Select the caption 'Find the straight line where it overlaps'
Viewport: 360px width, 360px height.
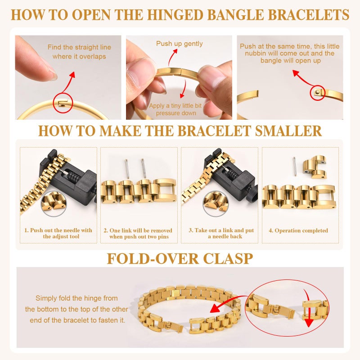pos(79,52)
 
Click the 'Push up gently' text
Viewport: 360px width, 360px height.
pos(180,44)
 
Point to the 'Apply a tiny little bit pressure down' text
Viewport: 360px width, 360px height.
pos(176,109)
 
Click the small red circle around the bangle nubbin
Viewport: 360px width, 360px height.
pos(319,92)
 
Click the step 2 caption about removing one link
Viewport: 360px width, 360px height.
pos(140,233)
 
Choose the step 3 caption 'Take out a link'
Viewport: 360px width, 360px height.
pos(221,233)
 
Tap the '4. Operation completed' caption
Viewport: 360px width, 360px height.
pos(298,230)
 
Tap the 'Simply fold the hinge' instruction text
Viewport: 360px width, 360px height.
pos(76,309)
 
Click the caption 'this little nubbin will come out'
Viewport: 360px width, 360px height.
pos(290,53)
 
